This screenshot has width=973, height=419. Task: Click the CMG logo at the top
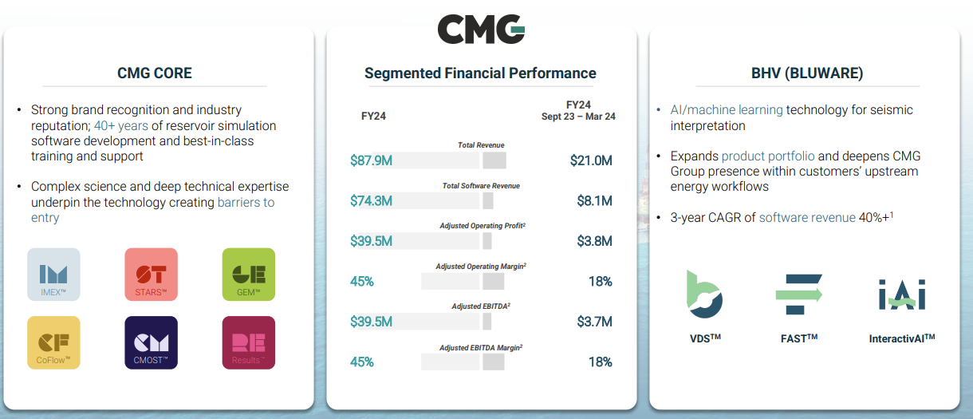[481, 30]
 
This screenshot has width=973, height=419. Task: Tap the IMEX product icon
[53, 275]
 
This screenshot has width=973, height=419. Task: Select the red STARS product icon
[151, 275]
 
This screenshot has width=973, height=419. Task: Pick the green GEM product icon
[248, 275]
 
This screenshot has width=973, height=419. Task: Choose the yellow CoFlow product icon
[53, 343]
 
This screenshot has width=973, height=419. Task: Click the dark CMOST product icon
[151, 343]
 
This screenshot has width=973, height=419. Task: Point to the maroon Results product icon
[248, 343]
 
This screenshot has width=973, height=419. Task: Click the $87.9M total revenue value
[371, 160]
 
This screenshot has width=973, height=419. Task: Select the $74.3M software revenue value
[371, 201]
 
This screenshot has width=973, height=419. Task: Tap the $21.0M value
[591, 160]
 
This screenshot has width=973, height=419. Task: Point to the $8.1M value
[594, 201]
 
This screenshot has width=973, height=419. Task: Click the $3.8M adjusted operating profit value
[594, 241]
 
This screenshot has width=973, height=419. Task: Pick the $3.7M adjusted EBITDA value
[594, 322]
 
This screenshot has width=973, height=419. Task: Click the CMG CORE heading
[155, 73]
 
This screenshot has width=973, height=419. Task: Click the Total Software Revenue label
[481, 186]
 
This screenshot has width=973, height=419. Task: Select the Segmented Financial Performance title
[480, 73]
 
